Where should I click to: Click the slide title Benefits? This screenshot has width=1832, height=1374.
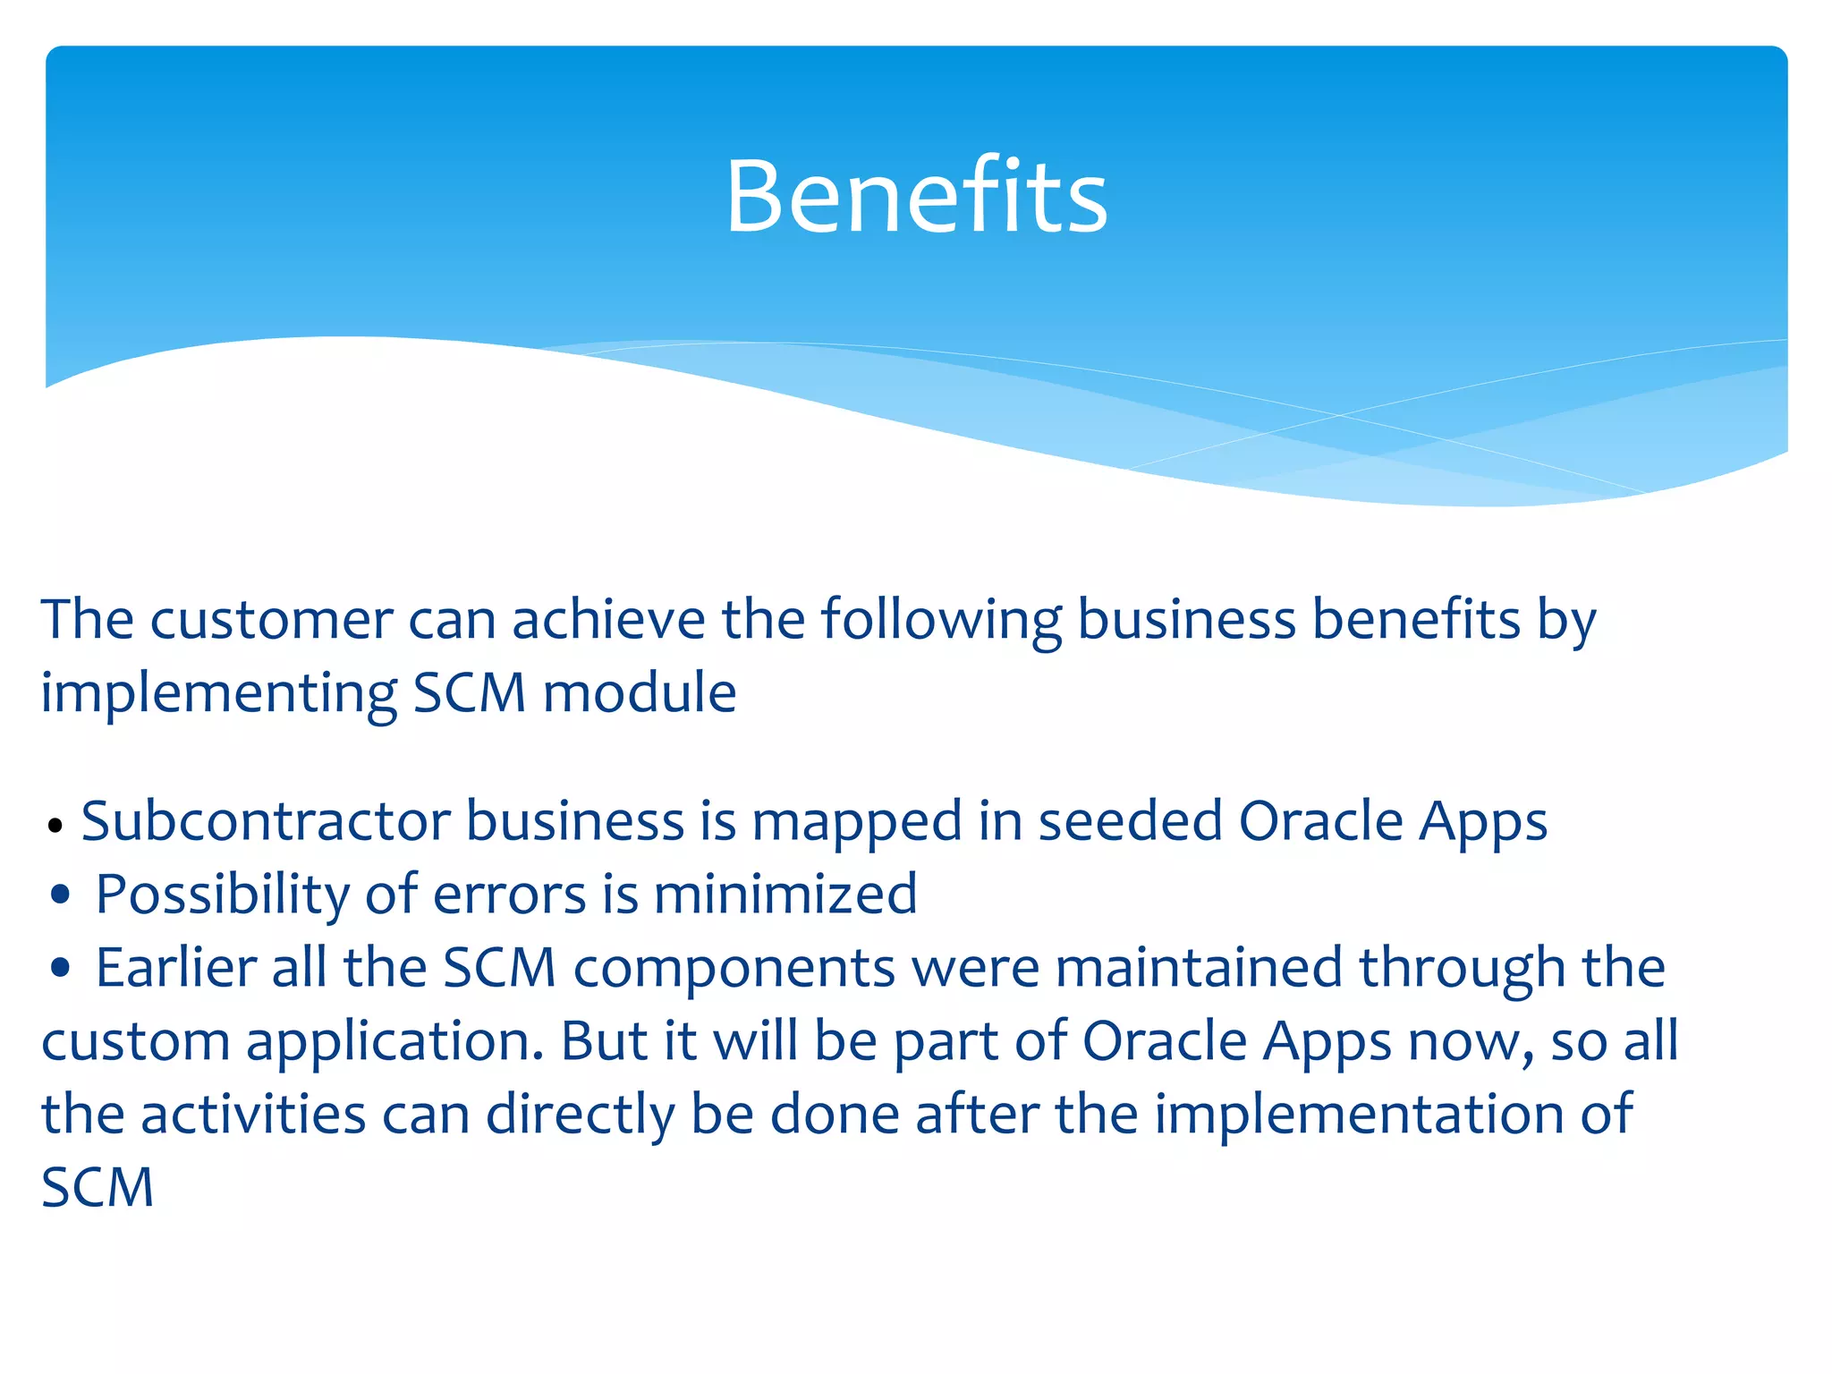(x=916, y=197)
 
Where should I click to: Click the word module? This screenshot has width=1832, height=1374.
(x=640, y=693)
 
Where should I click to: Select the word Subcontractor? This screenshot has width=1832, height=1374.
(x=266, y=821)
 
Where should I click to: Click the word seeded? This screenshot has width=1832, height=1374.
(x=1130, y=821)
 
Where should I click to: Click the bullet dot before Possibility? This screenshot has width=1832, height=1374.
(x=61, y=894)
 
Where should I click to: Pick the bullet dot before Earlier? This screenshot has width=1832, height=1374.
(x=61, y=967)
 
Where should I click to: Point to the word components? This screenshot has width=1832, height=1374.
(x=734, y=968)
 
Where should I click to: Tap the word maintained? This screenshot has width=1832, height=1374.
(x=1199, y=968)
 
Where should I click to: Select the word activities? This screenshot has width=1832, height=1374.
(x=253, y=1115)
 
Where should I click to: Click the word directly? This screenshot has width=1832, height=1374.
(x=581, y=1115)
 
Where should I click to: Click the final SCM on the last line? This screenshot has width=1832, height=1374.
(x=98, y=1188)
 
